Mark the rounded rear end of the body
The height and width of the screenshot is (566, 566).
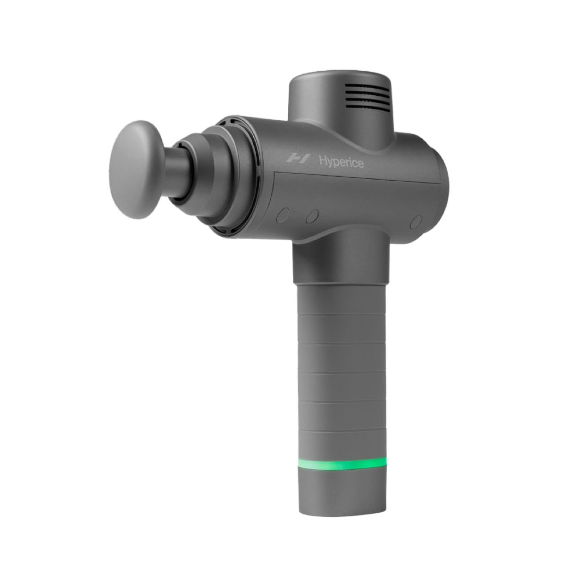point(427,184)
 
